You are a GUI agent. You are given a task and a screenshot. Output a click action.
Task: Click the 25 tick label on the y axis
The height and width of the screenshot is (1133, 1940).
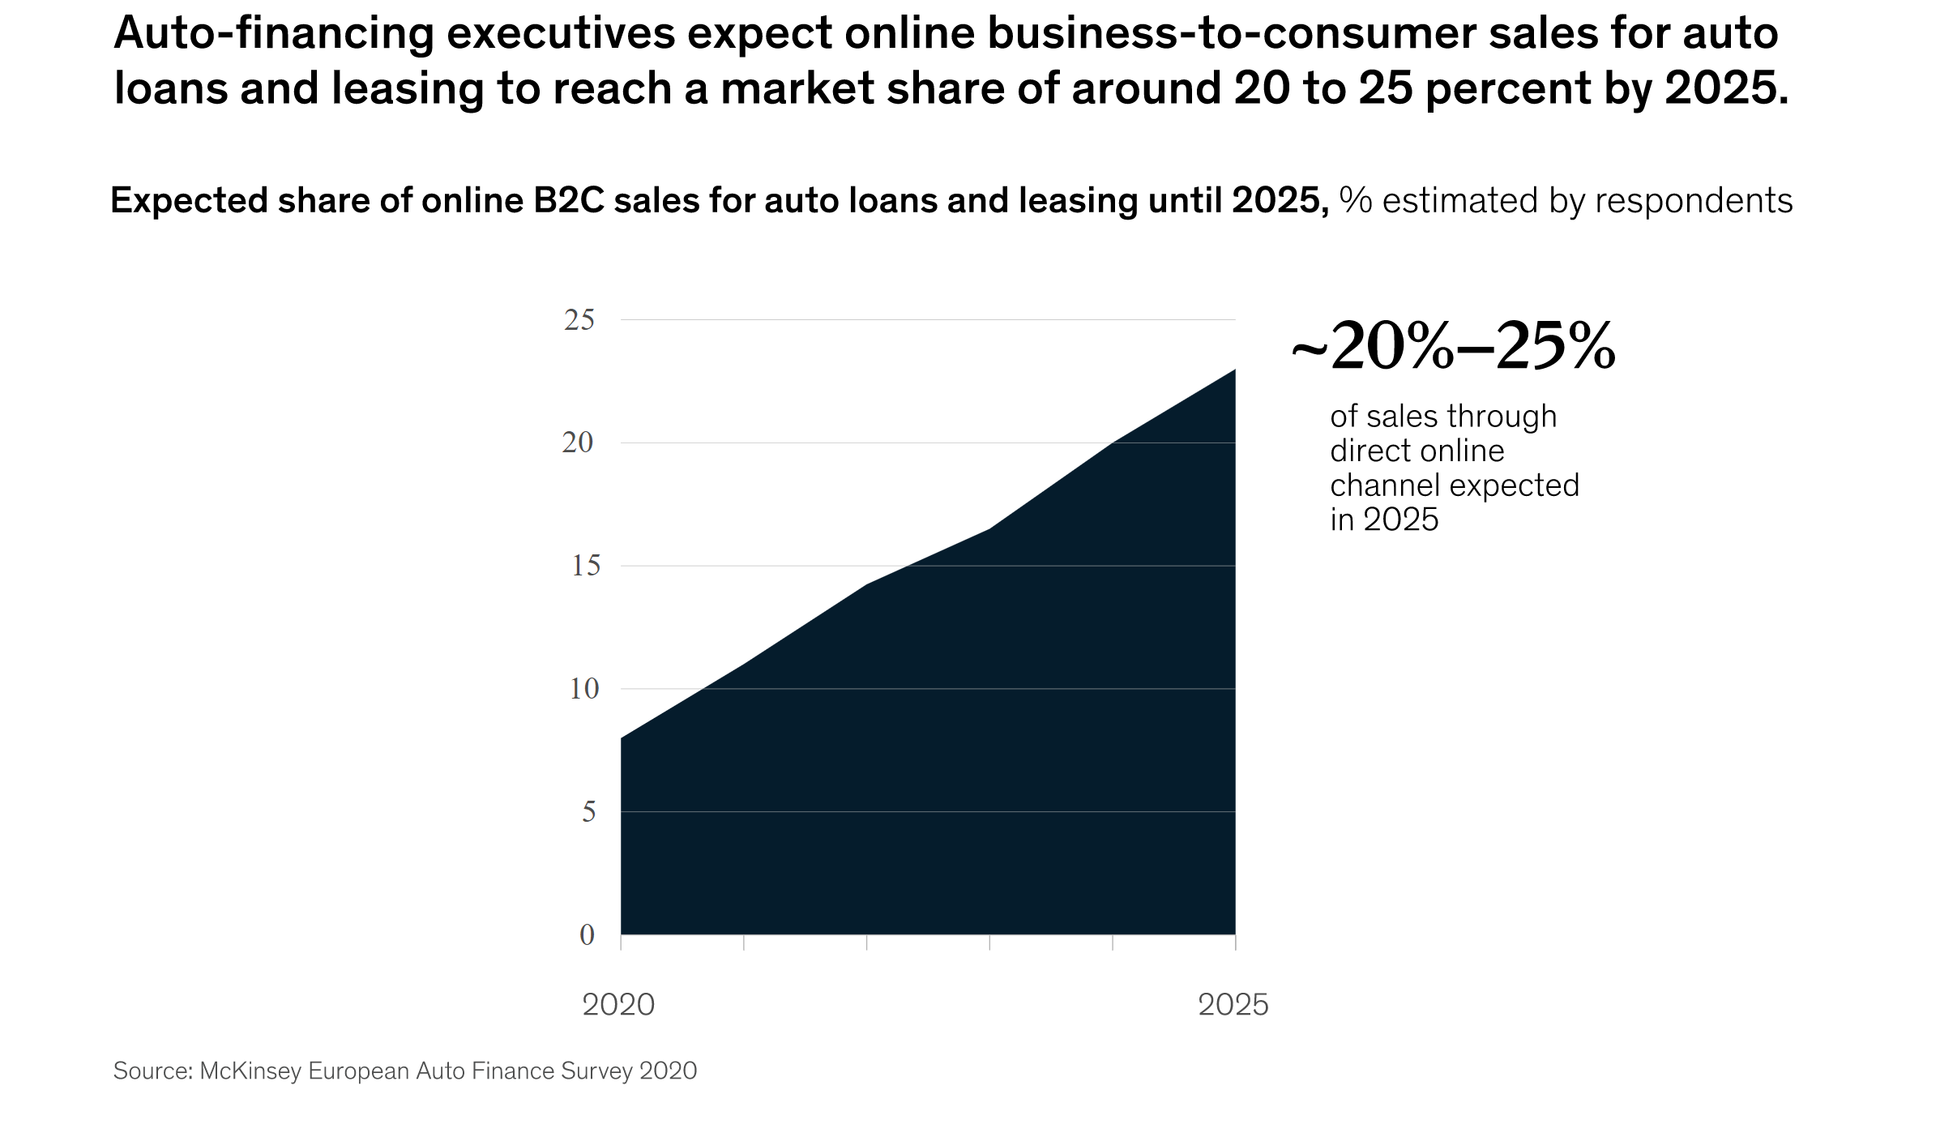[579, 320]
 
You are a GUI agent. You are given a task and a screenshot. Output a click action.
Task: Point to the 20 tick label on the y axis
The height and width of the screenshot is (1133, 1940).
[577, 443]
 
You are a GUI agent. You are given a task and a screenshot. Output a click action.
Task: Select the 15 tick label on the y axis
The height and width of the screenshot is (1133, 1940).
[585, 566]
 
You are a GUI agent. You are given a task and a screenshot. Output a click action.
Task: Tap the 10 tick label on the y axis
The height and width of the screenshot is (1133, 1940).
[583, 689]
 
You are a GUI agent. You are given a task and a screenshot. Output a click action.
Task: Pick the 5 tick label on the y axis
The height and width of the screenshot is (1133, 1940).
[588, 812]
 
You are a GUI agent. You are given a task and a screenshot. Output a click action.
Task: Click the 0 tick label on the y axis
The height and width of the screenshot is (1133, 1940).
[587, 935]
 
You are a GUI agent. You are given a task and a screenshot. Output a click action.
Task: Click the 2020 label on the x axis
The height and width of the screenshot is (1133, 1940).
[618, 1005]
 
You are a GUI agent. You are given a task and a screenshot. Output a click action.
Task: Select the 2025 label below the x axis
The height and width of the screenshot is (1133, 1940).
[1233, 1005]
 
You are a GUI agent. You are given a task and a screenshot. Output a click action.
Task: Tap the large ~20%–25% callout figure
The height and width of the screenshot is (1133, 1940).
[1453, 347]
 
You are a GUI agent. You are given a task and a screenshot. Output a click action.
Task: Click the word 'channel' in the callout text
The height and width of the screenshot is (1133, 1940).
[1387, 485]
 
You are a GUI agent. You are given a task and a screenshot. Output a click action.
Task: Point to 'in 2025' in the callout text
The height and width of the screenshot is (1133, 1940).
[1383, 519]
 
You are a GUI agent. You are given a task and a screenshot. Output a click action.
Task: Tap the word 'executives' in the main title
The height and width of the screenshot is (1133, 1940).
[561, 34]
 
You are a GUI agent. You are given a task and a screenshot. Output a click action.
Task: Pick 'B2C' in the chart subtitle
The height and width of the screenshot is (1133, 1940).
[568, 200]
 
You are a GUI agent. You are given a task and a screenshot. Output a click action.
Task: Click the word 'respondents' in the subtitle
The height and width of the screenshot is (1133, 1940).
[1694, 200]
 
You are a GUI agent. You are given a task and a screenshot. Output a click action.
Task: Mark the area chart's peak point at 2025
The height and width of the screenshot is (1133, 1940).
[1234, 370]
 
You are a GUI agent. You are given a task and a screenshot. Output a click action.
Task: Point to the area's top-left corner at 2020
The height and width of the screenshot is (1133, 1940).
[622, 738]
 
